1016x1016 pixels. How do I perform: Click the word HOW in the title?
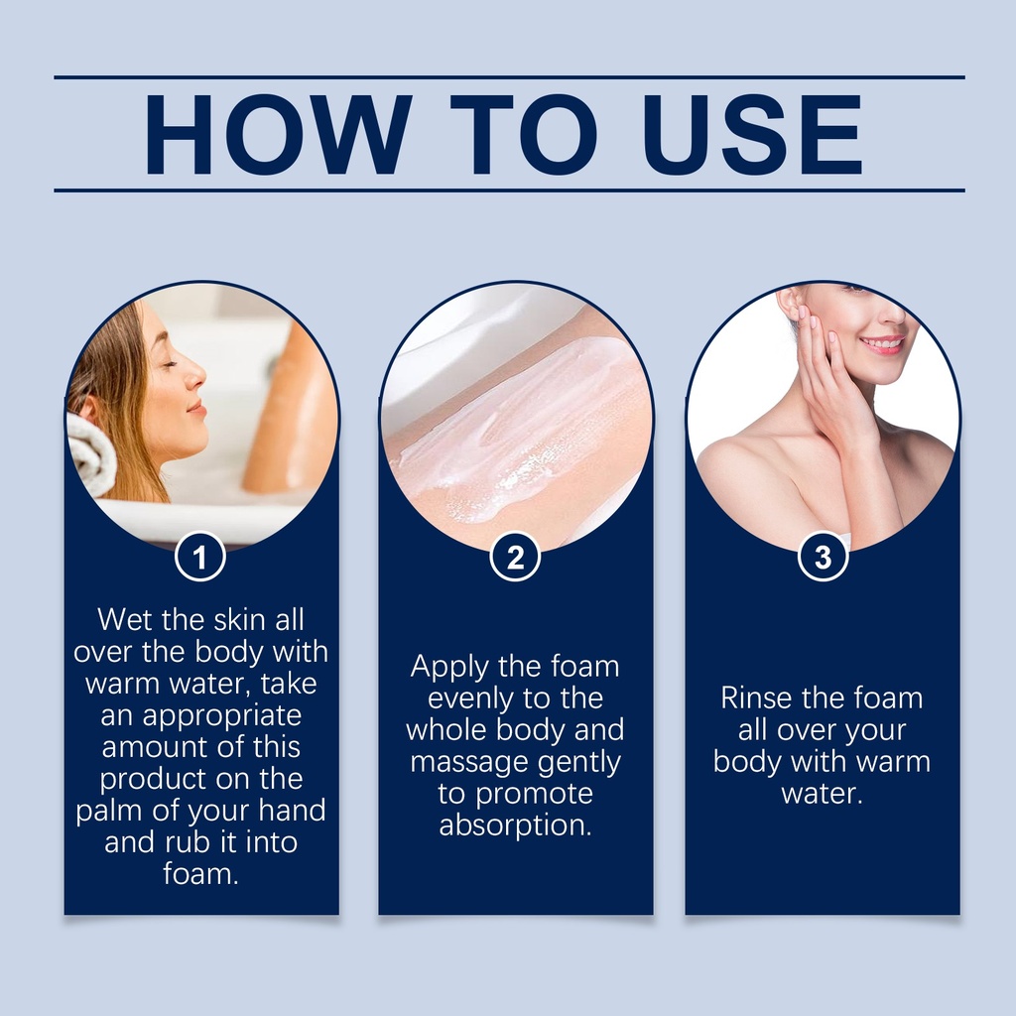[279, 135]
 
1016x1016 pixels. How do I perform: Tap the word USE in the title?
[753, 135]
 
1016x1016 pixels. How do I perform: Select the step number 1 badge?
[200, 557]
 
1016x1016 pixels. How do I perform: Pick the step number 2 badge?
[515, 557]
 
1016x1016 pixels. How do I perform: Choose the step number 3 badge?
[823, 557]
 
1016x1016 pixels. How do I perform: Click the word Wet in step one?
[126, 620]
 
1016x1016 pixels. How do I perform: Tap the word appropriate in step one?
[221, 716]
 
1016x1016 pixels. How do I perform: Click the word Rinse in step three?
[755, 698]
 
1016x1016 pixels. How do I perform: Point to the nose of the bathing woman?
[197, 374]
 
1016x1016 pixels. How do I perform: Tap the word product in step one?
[152, 780]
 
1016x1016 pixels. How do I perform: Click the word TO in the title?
[524, 135]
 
